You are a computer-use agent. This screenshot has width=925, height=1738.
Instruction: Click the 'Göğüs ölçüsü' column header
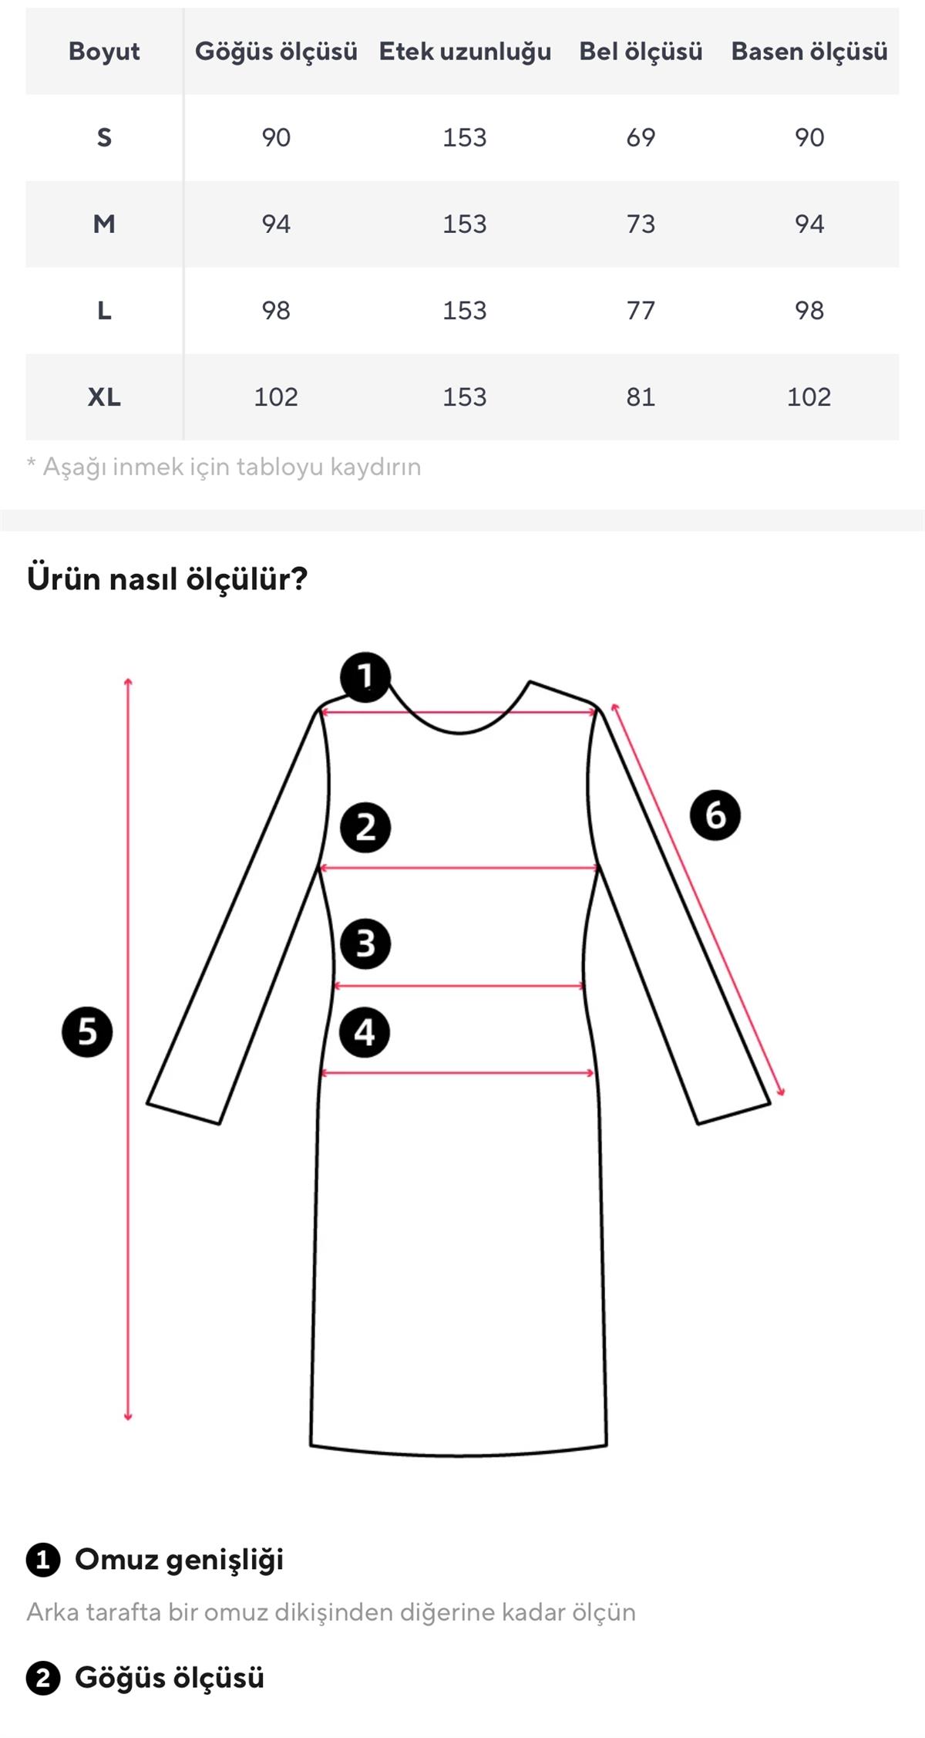[276, 52]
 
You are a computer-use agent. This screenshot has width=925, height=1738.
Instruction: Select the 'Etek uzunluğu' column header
[465, 52]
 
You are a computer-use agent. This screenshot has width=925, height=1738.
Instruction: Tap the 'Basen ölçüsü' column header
[809, 52]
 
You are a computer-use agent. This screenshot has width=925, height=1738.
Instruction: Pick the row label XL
[104, 397]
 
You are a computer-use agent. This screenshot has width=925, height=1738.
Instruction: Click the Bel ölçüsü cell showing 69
[641, 138]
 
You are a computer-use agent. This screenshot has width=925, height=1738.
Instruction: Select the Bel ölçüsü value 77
[641, 311]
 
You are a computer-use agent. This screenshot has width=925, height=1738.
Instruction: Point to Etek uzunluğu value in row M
[465, 224]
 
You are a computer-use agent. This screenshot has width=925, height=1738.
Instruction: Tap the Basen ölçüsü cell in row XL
[809, 397]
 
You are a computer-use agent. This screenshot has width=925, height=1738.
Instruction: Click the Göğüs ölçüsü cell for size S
[276, 138]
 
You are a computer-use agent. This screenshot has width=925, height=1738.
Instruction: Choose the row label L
[104, 311]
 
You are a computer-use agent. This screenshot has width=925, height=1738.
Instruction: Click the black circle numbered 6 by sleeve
[715, 815]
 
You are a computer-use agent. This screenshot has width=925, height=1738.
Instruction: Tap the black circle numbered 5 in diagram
[87, 1031]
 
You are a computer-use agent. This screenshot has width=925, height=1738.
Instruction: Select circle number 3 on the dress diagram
[365, 943]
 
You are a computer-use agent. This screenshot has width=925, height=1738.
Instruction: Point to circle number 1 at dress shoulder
[365, 677]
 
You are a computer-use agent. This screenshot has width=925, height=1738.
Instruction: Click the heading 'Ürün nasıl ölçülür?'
[167, 579]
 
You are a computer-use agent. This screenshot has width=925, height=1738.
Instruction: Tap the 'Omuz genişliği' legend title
[179, 1559]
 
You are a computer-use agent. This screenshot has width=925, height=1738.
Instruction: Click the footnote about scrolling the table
[224, 467]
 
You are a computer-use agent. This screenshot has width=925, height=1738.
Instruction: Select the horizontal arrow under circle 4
[458, 1073]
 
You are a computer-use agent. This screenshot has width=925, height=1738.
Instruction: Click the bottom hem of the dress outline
[459, 1454]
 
